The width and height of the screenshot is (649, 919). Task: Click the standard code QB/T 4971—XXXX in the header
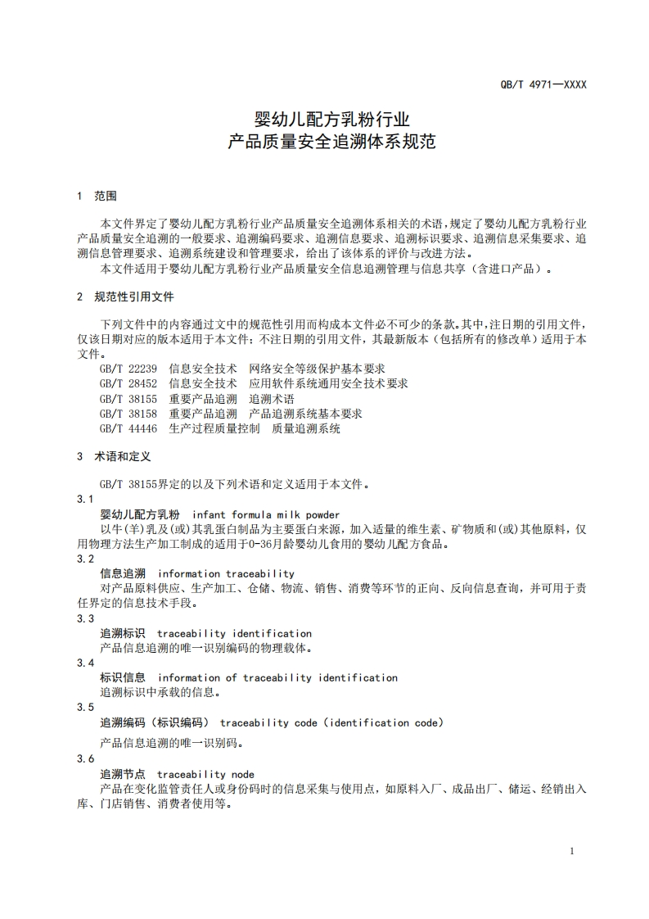pos(543,84)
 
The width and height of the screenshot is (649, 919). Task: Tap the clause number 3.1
pos(85,500)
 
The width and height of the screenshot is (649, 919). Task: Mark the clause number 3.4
pos(85,663)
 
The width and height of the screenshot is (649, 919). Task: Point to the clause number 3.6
pos(85,759)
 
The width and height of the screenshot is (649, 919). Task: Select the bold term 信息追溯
pos(123,573)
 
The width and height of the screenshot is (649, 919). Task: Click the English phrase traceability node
pos(205,774)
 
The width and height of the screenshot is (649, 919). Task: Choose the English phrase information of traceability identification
pos(277,677)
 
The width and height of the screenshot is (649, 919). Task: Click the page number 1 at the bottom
pos(572,851)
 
